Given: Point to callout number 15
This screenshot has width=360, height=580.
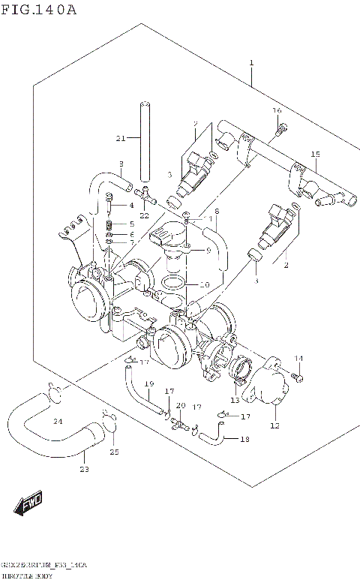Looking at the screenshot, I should [x=316, y=155].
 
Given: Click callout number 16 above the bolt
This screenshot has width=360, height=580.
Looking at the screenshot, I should [x=277, y=111].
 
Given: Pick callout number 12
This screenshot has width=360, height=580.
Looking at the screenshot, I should [x=274, y=426].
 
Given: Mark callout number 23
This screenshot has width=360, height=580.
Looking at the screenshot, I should [x=84, y=470].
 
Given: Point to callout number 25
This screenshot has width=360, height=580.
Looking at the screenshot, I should [x=114, y=452].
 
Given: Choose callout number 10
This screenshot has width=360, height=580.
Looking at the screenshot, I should [x=204, y=284].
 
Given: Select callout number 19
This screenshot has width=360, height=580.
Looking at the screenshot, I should [x=148, y=384].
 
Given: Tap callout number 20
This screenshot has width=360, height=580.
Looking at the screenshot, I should [x=180, y=406].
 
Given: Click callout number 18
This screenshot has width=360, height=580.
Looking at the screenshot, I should [x=244, y=440].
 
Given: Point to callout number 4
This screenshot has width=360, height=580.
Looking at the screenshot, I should [x=131, y=205].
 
